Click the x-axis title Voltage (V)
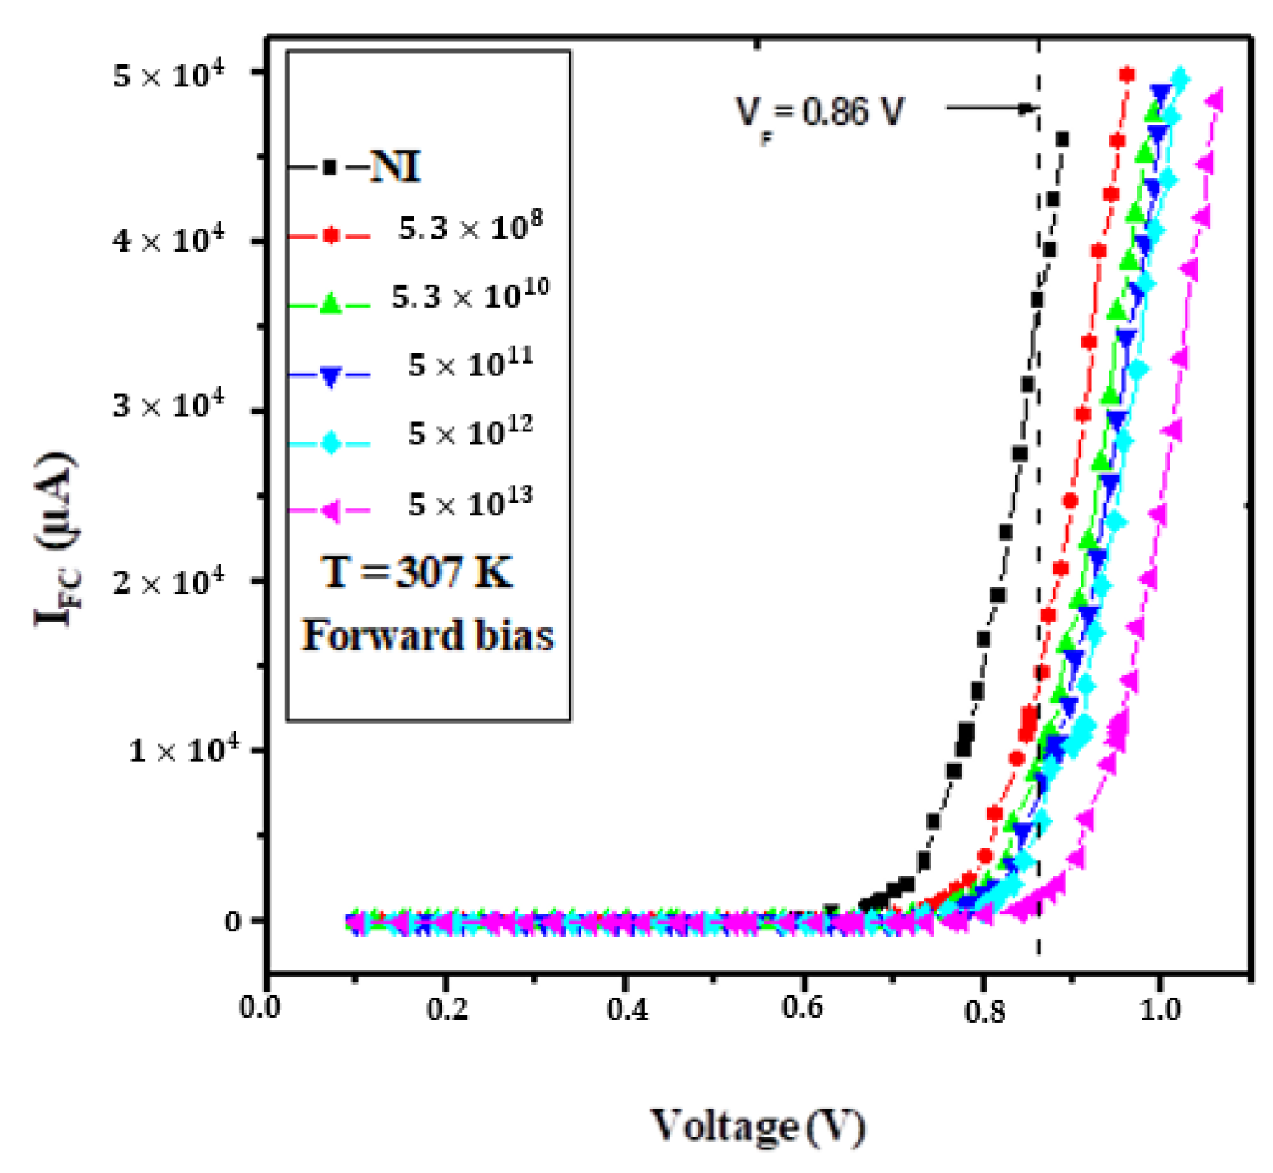(757, 1126)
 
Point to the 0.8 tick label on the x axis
(985, 1010)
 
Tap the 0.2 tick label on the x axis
(447, 1010)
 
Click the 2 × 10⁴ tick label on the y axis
(169, 583)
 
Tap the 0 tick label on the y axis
(233, 921)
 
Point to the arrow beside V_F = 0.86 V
(990, 108)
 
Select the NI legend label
(396, 166)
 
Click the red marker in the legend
(331, 235)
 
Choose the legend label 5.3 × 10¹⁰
(470, 295)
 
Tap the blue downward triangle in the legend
(331, 375)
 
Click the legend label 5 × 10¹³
(470, 503)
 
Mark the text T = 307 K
(417, 573)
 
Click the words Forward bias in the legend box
(428, 636)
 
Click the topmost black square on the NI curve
(1061, 139)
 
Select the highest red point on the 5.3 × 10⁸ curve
(1126, 75)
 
